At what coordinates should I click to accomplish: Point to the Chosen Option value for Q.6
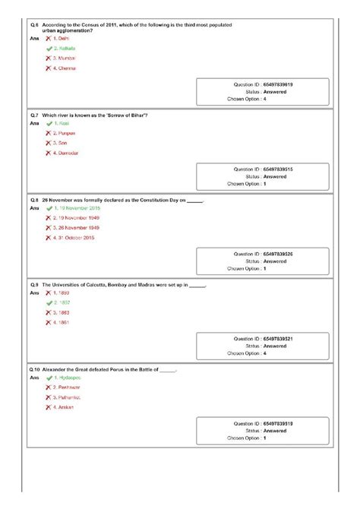pyautogui.click(x=265, y=99)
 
